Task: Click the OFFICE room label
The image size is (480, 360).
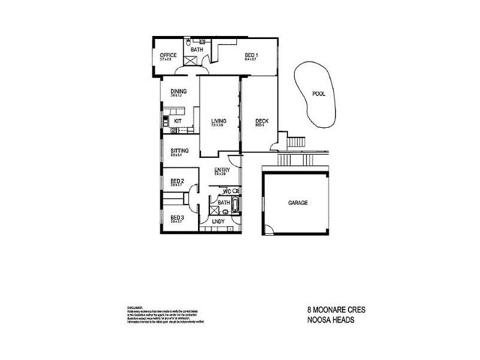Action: [x=168, y=55]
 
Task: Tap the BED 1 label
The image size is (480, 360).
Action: [x=250, y=55]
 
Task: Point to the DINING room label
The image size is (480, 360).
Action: [x=178, y=91]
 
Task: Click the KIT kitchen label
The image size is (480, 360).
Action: [x=178, y=121]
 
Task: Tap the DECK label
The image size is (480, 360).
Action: [x=262, y=122]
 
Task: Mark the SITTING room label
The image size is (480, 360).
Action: [x=179, y=151]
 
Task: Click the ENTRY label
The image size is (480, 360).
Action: [x=222, y=170]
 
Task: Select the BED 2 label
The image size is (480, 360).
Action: [x=176, y=181]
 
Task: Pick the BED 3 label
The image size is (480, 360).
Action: [x=176, y=217]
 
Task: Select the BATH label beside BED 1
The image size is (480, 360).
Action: [x=197, y=49]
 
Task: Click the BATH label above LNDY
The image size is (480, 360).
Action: [x=224, y=203]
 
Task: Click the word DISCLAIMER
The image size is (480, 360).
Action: [x=136, y=306]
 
